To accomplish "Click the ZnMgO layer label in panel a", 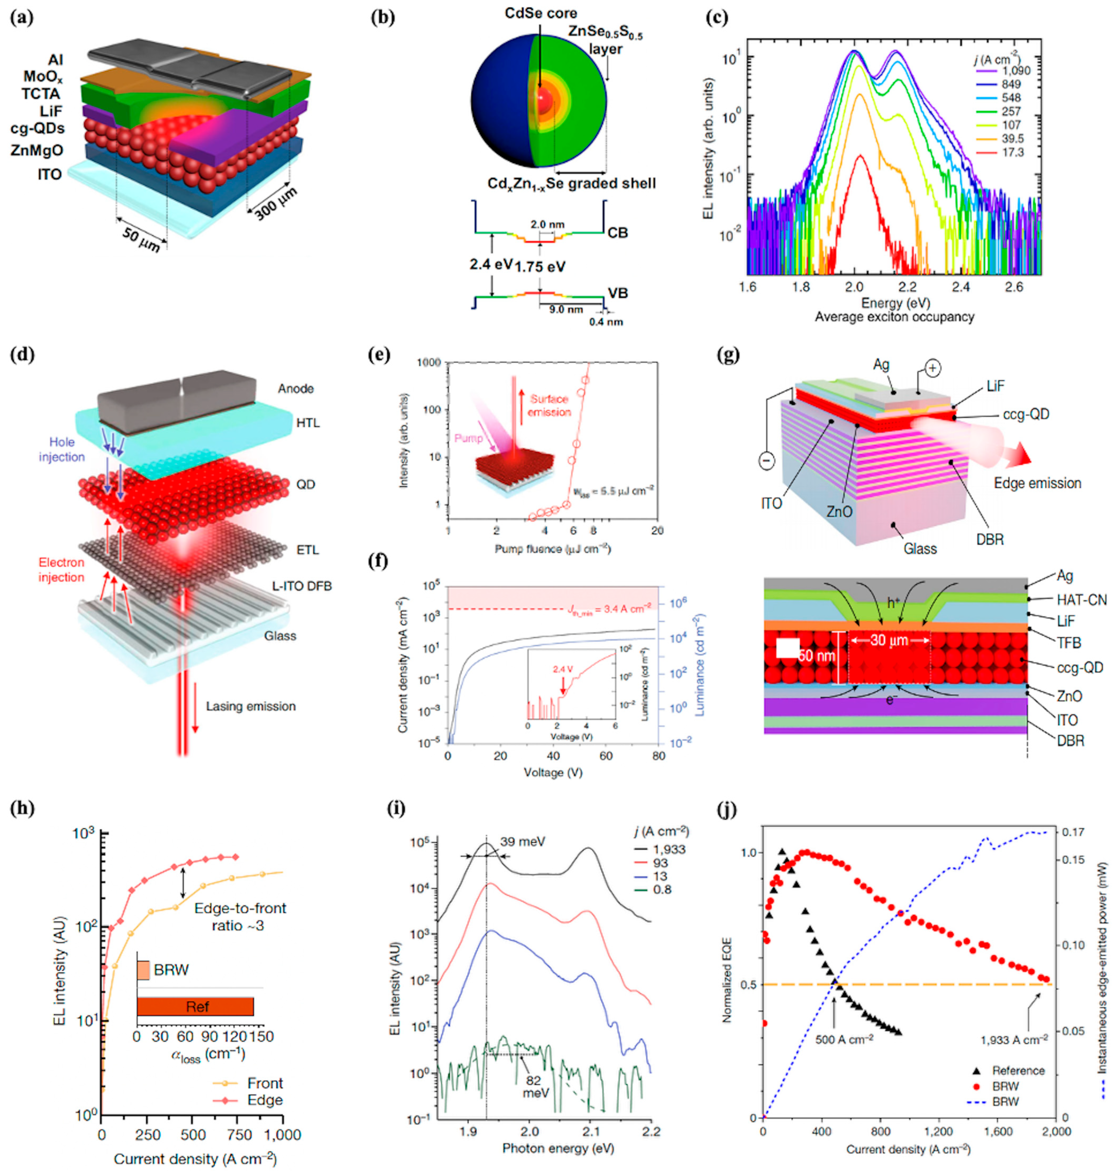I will tap(37, 150).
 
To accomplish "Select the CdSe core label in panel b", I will tap(541, 13).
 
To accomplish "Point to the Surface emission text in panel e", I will tap(550, 405).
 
